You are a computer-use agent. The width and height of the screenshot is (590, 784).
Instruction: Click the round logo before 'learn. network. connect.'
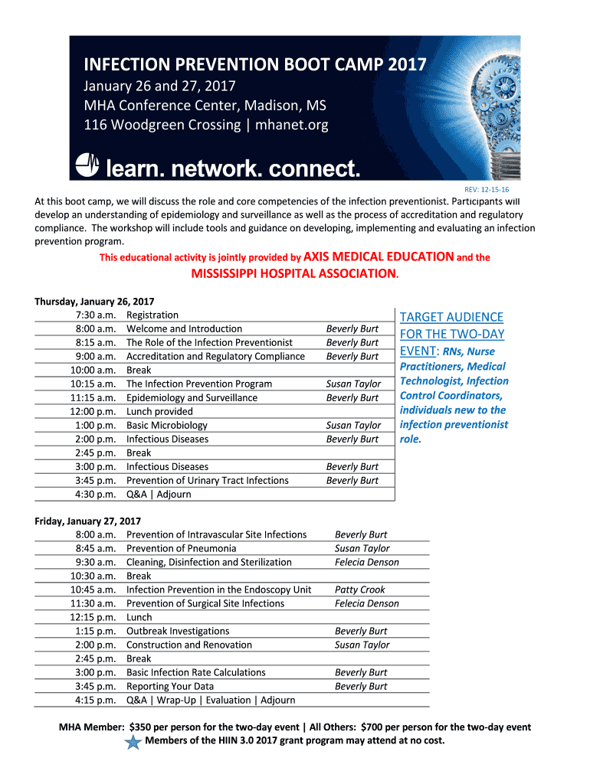[86, 165]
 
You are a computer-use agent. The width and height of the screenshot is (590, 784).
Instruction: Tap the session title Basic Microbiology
[167, 425]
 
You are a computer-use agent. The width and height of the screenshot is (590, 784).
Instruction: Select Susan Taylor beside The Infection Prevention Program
[353, 384]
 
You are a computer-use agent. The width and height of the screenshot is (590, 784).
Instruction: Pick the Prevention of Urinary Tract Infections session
[208, 480]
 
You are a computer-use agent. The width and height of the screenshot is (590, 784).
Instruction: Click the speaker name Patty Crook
[360, 590]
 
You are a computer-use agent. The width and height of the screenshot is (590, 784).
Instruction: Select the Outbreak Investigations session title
[178, 631]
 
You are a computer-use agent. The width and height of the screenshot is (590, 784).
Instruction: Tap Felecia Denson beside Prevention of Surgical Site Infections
[367, 603]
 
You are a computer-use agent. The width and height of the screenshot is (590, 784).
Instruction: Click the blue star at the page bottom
[133, 742]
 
